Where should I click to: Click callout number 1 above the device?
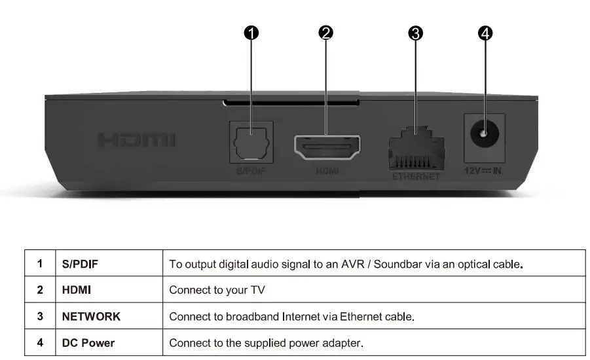pos(252,33)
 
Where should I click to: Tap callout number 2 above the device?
pos(327,33)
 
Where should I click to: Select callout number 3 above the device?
pos(415,33)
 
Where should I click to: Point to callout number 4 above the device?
pos(485,33)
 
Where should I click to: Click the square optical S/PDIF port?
pos(251,142)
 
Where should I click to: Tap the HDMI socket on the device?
pos(327,148)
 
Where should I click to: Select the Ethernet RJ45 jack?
pos(416,149)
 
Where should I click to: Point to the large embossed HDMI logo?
pos(137,140)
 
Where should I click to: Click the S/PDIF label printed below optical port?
pos(251,171)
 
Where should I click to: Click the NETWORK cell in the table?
pos(91,317)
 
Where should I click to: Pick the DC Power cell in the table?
pos(88,343)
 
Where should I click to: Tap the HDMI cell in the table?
pos(76,291)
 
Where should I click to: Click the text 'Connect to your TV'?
pos(217,291)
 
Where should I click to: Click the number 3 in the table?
pos(40,317)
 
